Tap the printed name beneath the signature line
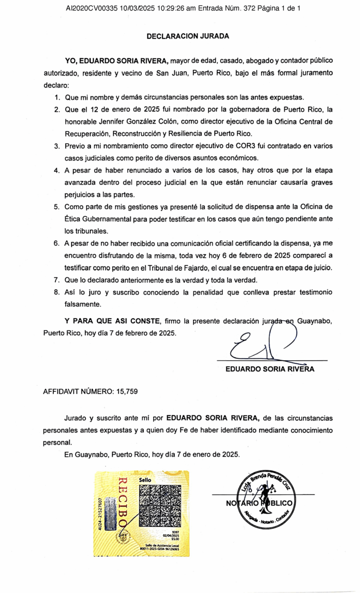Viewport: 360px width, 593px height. (x=270, y=369)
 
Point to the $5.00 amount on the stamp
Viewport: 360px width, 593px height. (x=175, y=539)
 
